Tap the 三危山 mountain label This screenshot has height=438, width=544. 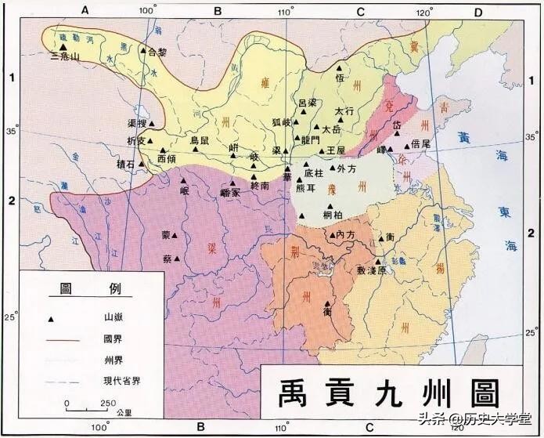pyautogui.click(x=63, y=57)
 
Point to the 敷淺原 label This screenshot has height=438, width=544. pyautogui.click(x=372, y=270)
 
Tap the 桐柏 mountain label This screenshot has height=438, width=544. pyautogui.click(x=333, y=215)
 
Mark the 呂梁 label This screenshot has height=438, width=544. pyautogui.click(x=308, y=103)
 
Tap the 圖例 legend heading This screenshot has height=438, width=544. pyautogui.click(x=82, y=288)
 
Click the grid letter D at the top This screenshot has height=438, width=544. pyautogui.click(x=477, y=10)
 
